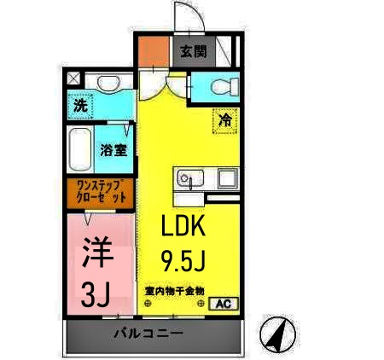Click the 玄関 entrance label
[193, 51]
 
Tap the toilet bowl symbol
[221, 86]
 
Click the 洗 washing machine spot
[79, 108]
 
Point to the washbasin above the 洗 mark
[108, 84]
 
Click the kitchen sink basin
[188, 179]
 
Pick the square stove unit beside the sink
[227, 178]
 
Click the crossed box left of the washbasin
[73, 78]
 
